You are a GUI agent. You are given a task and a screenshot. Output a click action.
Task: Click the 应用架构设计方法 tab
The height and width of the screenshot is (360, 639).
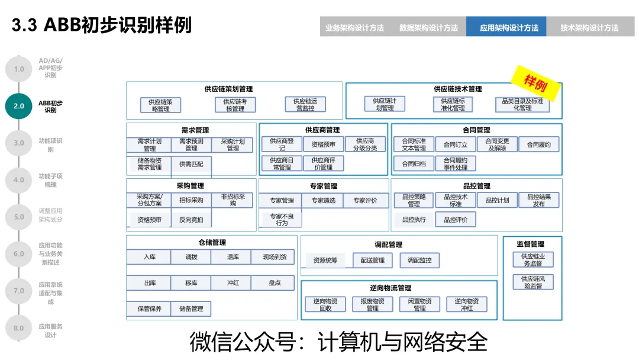506,27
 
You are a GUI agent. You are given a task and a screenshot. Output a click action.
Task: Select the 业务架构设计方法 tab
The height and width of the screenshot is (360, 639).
354,27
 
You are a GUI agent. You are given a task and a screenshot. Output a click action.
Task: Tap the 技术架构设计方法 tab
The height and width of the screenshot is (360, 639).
589,27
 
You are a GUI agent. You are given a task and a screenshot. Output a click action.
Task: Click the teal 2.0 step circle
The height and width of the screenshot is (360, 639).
19,106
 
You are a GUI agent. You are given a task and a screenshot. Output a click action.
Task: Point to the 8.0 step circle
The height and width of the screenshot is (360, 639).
19,328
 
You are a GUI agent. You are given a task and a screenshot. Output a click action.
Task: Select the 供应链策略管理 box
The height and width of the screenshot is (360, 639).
160,105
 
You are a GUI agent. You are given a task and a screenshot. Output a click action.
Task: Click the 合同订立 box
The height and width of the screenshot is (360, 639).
455,144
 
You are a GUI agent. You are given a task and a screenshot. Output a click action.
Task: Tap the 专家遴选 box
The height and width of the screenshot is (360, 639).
323,201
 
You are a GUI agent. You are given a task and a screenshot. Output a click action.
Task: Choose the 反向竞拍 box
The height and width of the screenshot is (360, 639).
191,220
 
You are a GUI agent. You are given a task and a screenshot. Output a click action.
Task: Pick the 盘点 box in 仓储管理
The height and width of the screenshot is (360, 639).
274,283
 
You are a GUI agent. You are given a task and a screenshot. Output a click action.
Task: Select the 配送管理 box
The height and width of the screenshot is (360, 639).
372,260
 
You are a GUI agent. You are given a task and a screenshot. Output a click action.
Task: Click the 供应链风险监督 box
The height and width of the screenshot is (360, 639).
532,282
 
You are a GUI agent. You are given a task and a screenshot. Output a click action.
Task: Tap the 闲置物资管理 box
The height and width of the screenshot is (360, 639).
419,304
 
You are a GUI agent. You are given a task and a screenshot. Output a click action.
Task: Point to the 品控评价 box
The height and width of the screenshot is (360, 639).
455,220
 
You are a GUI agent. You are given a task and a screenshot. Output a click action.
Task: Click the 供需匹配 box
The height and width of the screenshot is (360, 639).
191,164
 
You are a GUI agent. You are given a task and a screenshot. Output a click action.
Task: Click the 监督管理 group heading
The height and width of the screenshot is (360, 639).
530,243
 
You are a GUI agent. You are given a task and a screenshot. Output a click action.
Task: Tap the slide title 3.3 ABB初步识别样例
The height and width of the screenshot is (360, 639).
102,25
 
